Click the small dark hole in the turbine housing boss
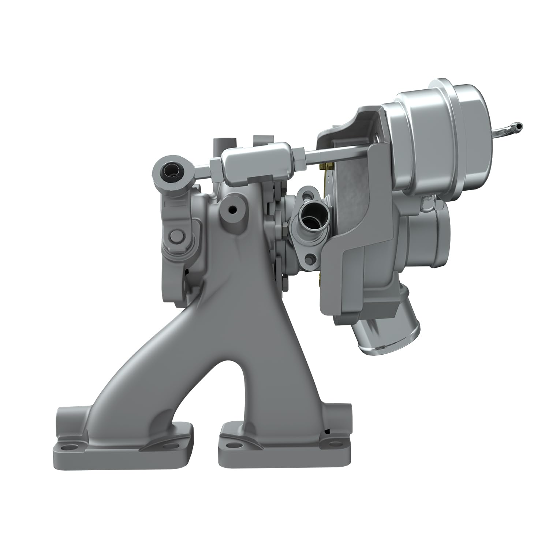coord(231,210)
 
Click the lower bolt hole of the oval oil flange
coord(312,259)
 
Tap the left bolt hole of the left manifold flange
coord(67,447)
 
